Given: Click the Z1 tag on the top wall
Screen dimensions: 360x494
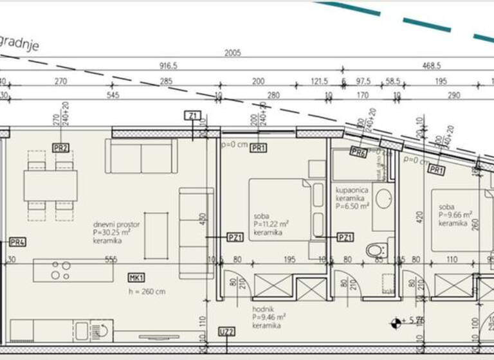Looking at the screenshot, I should pyautogui.click(x=192, y=116).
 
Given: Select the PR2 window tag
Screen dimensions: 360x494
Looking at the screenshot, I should pyautogui.click(x=61, y=147).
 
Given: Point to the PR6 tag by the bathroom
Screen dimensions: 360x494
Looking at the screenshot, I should pyautogui.click(x=359, y=152).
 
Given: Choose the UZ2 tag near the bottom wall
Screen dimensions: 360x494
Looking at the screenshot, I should pyautogui.click(x=226, y=332).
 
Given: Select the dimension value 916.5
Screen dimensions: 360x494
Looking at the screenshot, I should pyautogui.click(x=168, y=66).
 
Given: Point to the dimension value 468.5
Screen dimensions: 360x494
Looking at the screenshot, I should pyautogui.click(x=431, y=66).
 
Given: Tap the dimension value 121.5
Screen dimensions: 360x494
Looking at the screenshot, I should pyautogui.click(x=320, y=82).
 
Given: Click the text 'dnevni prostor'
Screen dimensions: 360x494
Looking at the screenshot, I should pyautogui.click(x=116, y=225).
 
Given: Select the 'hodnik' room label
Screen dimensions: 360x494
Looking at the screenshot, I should pyautogui.click(x=263, y=309).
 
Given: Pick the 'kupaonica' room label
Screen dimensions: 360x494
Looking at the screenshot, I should pyautogui.click(x=350, y=190).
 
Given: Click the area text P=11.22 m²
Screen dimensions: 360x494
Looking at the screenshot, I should pyautogui.click(x=271, y=224).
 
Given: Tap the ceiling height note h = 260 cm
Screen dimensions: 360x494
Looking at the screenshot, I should pyautogui.click(x=147, y=291).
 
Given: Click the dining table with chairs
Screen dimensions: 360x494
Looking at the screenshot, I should pyautogui.click(x=50, y=185).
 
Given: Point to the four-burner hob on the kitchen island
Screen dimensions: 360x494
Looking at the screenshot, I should pyautogui.click(x=60, y=270).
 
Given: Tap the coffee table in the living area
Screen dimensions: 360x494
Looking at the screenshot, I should pyautogui.click(x=156, y=236).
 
